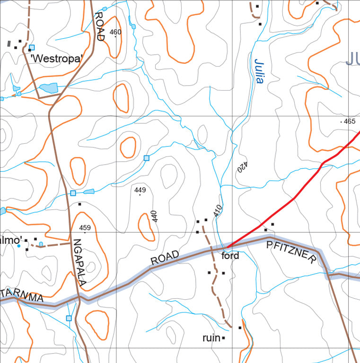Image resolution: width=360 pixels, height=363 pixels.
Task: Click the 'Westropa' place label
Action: [56, 59]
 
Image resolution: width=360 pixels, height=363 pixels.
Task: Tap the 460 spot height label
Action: [115, 32]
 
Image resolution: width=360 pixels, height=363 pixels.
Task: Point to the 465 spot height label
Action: [349, 121]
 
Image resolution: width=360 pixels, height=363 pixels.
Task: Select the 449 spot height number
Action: [140, 190]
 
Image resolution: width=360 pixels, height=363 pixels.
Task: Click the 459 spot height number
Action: [85, 228]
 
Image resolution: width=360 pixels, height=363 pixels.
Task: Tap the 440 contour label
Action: [154, 216]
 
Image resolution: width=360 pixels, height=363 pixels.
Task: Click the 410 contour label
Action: [217, 211]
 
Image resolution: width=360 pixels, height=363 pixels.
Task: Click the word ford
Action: [230, 256]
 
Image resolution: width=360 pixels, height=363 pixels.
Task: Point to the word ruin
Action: [211, 338]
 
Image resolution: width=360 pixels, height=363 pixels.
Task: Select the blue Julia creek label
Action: [259, 71]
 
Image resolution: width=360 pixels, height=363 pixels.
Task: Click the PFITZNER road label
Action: [291, 251]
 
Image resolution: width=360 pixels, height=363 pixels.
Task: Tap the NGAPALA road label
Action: [79, 263]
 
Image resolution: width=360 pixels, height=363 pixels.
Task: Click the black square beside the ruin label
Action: [223, 338]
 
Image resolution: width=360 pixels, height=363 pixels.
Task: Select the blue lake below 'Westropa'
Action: [49, 88]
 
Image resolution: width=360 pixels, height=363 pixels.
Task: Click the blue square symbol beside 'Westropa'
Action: [32, 47]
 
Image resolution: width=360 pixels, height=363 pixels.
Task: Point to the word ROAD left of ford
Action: [165, 258]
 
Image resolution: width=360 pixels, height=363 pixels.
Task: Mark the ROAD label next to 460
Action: [99, 26]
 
